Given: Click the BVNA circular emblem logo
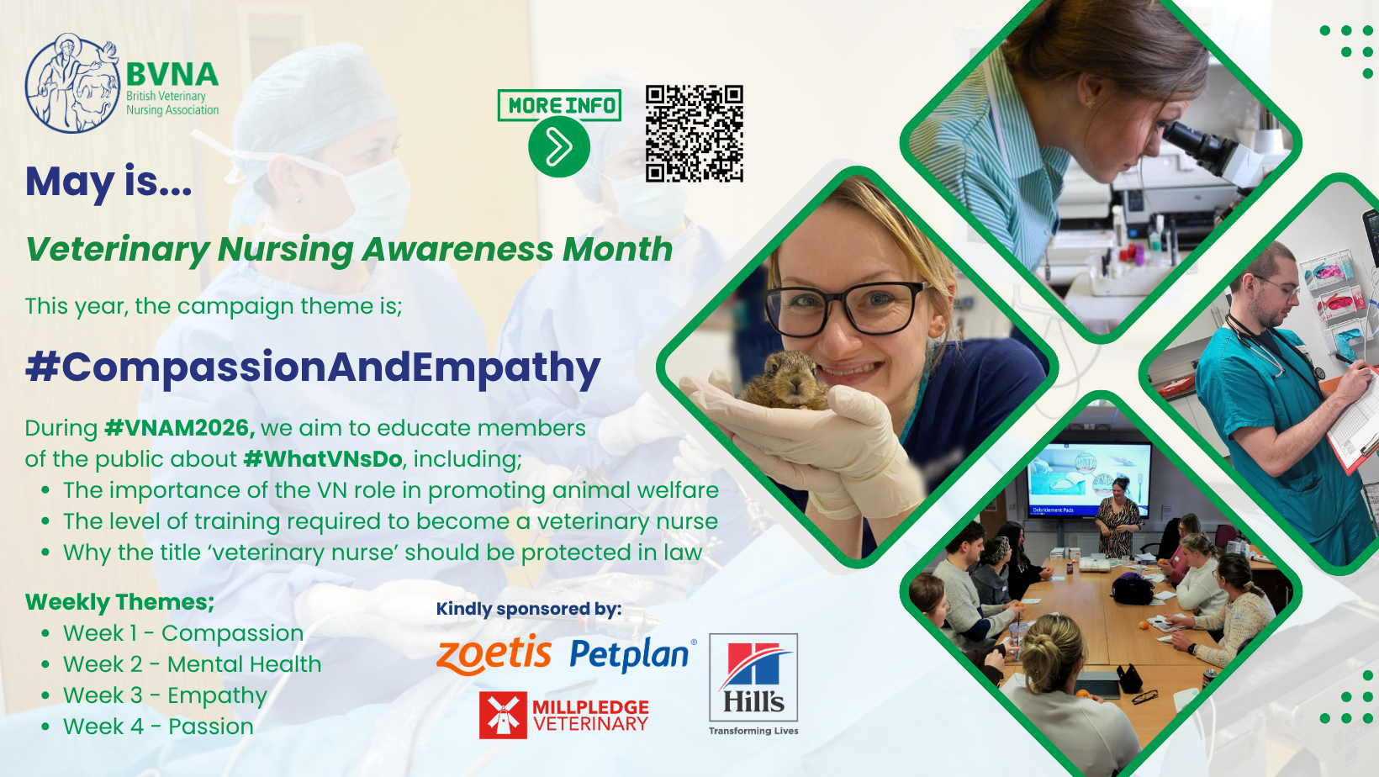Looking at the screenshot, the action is (x=72, y=83).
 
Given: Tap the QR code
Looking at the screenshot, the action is (x=695, y=134).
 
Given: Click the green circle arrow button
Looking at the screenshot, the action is (x=559, y=147).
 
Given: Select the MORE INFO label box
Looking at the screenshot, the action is (x=559, y=105).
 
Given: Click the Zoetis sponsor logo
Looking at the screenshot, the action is (x=494, y=654).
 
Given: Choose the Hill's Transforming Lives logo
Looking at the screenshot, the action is (x=753, y=684).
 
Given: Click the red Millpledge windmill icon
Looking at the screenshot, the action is (x=503, y=715).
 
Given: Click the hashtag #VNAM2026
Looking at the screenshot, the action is (x=180, y=428).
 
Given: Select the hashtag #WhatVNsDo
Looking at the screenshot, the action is (x=324, y=458).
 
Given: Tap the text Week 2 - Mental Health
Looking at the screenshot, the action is (x=192, y=664).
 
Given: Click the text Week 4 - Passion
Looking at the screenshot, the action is (x=158, y=727).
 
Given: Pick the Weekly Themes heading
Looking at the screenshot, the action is (x=120, y=602).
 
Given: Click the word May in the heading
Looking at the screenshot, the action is (x=70, y=182).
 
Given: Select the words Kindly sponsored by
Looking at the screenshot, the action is (x=529, y=609).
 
